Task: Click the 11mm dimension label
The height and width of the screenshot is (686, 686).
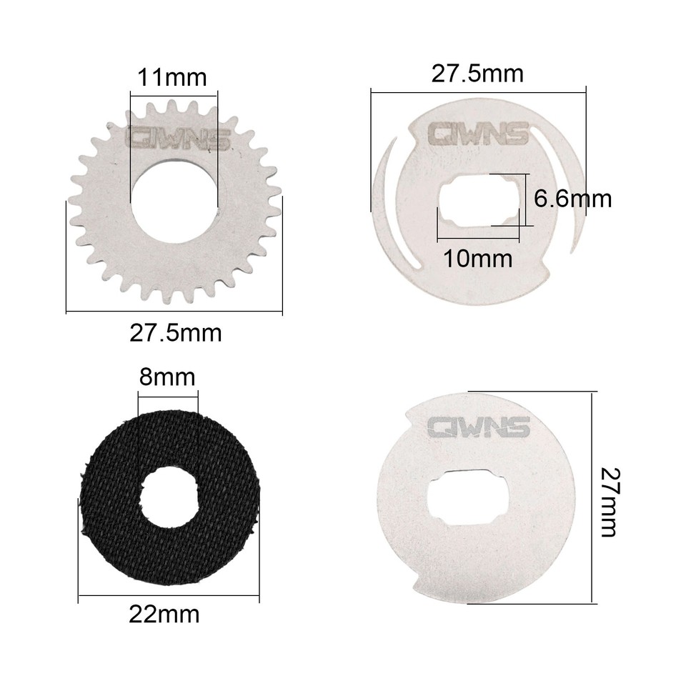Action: [172, 77]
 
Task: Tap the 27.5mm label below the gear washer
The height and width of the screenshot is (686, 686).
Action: [175, 332]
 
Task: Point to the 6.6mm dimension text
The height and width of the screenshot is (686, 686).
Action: [573, 198]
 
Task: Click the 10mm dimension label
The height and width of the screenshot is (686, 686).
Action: [477, 258]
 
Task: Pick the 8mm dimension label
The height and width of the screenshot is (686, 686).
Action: [166, 377]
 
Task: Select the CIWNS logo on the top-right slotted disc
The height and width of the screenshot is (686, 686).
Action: [477, 133]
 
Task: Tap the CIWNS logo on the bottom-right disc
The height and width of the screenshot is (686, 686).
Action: [477, 427]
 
